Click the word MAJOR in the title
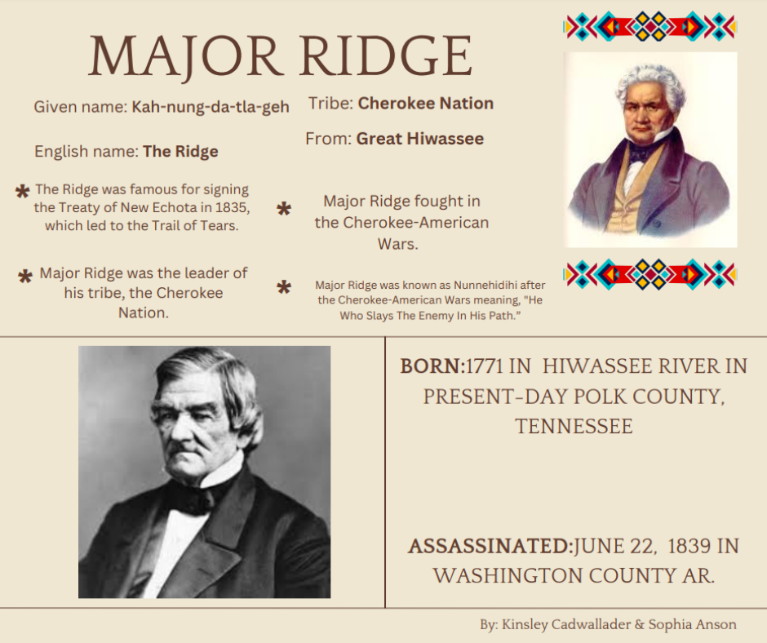tap(184, 57)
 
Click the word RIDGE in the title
tap(387, 55)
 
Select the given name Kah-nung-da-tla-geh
tap(211, 107)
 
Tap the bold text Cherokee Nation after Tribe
tap(426, 104)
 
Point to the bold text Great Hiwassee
tap(419, 139)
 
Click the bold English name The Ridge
tap(180, 152)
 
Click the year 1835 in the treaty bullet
tap(233, 207)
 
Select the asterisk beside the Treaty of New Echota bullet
tap(23, 191)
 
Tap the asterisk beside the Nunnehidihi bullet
tap(284, 286)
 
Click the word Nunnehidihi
tap(485, 285)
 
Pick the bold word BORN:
tap(432, 366)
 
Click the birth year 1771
tap(484, 366)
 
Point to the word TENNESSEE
tap(574, 426)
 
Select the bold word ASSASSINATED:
tap(490, 546)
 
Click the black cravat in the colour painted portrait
tap(640, 153)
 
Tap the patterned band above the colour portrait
tap(650, 26)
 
